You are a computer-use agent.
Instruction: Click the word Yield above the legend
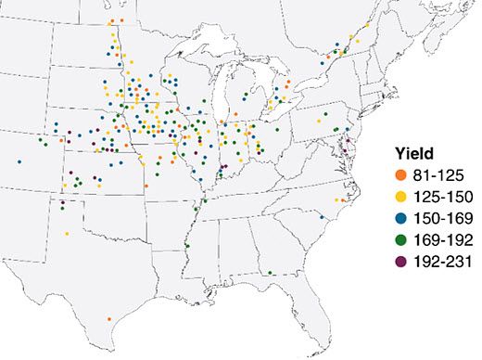[x=409, y=153]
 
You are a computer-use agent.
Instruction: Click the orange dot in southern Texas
[x=109, y=318]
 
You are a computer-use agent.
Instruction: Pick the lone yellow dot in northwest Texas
[x=67, y=234]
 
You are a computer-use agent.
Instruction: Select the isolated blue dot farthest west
[x=19, y=161]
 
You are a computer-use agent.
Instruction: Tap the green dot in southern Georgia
[x=269, y=273]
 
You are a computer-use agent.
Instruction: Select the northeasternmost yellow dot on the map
[x=368, y=27]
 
